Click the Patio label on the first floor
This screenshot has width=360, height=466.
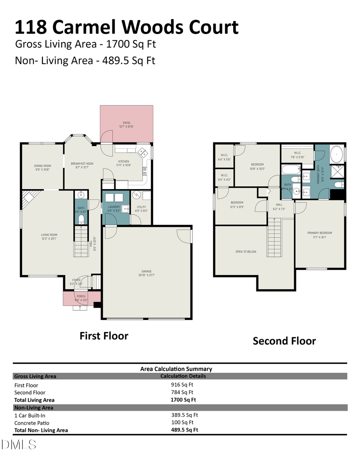(x=126, y=124)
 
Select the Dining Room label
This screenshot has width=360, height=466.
(x=42, y=168)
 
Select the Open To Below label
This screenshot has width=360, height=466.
(x=246, y=252)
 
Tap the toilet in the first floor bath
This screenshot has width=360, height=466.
(x=81, y=218)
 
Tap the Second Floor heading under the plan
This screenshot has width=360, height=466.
(x=284, y=341)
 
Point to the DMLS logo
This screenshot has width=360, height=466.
(x=19, y=444)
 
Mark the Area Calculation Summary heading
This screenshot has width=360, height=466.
(x=176, y=369)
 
